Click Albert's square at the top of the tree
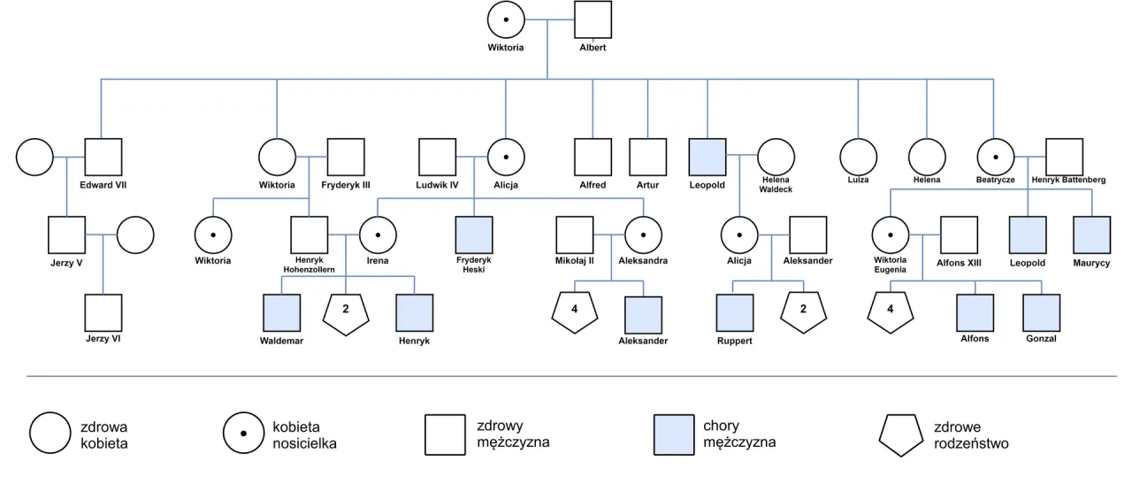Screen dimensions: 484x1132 tap(593, 19)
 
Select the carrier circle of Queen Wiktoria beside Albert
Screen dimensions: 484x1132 tap(506, 19)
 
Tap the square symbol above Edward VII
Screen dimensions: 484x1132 tap(103, 157)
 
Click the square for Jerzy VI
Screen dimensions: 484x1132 tap(103, 313)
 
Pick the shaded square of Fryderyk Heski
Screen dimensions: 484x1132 tap(473, 235)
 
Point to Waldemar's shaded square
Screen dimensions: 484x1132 tap(281, 313)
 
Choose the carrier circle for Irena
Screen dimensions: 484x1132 tap(378, 235)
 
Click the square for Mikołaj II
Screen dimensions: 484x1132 tap(575, 235)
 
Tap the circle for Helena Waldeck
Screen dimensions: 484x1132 tap(776, 157)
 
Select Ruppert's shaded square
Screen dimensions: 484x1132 tap(734, 313)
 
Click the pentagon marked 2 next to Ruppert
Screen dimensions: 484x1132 tap(803, 312)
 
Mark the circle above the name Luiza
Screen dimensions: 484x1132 tap(858, 157)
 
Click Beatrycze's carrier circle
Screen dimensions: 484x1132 tap(996, 157)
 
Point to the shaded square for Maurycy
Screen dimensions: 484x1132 tap(1091, 235)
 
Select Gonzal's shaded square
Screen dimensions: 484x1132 tap(1042, 313)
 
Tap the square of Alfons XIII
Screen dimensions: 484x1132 tap(959, 235)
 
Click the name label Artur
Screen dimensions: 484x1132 tap(647, 185)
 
